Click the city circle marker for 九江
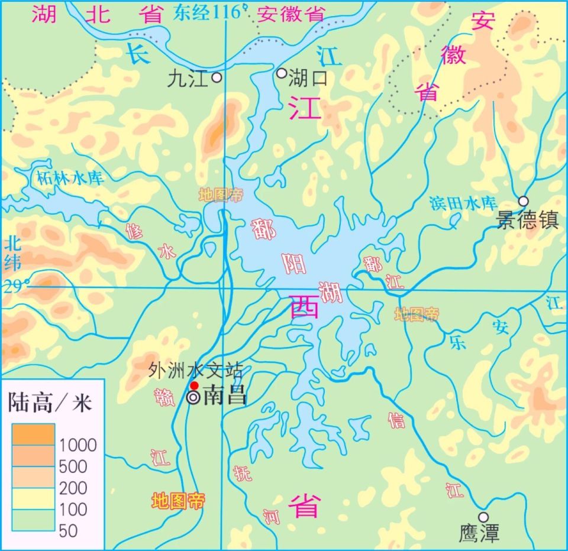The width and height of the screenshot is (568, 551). (x=217, y=77)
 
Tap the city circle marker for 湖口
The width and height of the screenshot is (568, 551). (x=282, y=73)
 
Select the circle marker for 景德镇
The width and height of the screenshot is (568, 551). (x=523, y=201)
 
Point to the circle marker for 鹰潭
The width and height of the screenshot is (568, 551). (x=483, y=517)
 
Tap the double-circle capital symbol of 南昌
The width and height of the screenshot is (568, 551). (x=193, y=398)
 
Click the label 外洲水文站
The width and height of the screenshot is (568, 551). (x=196, y=371)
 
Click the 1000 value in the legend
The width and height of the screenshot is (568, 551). (x=78, y=445)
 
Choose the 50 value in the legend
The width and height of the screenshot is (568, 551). (x=68, y=531)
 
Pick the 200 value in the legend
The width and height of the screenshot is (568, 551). (x=73, y=488)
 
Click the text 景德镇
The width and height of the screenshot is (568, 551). (x=527, y=221)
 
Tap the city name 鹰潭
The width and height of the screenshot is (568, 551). (x=479, y=533)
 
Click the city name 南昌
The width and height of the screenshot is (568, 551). (x=225, y=397)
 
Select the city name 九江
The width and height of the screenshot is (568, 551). (x=188, y=79)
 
